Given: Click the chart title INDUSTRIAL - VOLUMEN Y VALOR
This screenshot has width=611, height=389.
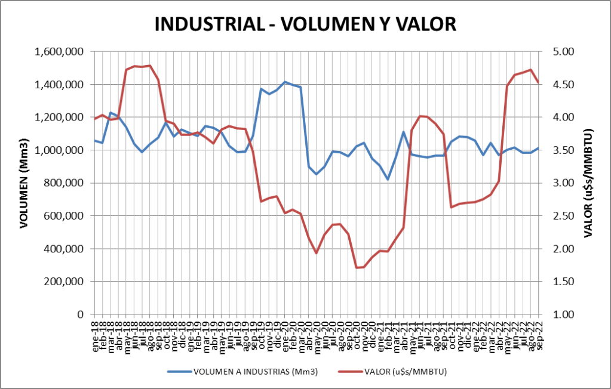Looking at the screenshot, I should tap(305, 24).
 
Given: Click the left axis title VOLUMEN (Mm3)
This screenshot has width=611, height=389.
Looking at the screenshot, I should tap(24, 183).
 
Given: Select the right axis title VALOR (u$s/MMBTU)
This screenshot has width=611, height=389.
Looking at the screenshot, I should tap(589, 183).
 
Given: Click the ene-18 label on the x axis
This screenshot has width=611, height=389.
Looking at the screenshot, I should tap(95, 336).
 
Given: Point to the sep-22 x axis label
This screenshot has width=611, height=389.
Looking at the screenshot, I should tap(538, 336).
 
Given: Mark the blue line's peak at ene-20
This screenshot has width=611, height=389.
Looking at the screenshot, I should tap(285, 82).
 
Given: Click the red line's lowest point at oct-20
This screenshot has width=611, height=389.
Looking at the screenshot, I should tap(357, 267).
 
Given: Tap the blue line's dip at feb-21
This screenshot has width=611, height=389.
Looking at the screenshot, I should tap(388, 180).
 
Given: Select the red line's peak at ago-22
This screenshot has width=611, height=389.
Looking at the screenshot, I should tap(530, 70).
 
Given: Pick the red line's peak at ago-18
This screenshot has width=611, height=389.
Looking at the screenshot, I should tap(150, 66).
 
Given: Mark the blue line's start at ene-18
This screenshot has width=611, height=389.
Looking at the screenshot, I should tap(95, 141).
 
